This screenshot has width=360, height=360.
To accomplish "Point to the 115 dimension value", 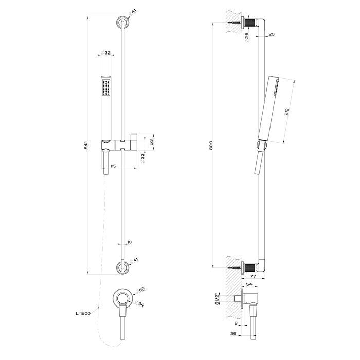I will tap(113, 165).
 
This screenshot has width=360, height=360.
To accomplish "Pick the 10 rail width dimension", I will tap(129, 241).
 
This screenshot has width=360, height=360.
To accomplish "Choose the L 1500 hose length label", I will tap(83, 313).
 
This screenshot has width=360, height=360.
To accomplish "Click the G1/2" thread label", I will tap(218, 298).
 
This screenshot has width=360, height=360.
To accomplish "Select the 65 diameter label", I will tap(142, 290).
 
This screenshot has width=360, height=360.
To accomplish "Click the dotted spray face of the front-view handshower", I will tap(106, 86).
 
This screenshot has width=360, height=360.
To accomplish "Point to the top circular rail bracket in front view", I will tap(122, 23).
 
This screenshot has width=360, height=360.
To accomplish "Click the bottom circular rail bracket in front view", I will tap(122, 267).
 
